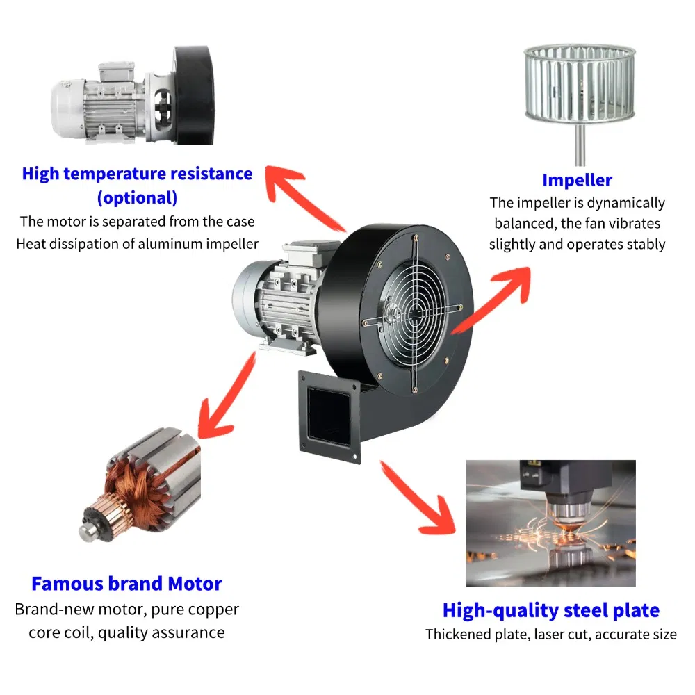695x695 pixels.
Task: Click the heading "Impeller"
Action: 577,180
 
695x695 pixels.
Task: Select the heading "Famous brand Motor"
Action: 126,583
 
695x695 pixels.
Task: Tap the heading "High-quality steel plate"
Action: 550,611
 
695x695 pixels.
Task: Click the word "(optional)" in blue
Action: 137,197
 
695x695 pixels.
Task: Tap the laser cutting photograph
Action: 550,523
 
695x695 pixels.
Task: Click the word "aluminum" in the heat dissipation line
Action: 170,243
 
